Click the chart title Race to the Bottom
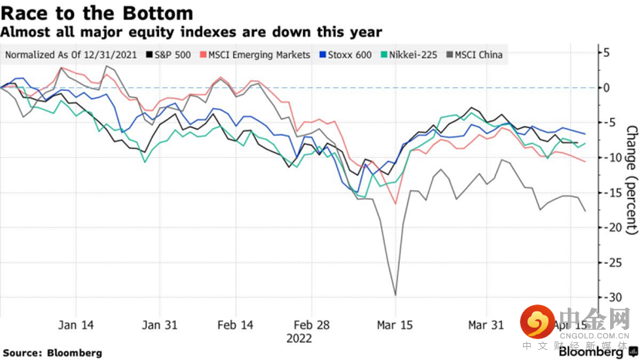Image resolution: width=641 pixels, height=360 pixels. point(97,13)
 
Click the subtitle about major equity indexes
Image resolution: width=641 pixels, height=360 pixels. point(191,32)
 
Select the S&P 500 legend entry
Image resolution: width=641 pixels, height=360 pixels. point(169,55)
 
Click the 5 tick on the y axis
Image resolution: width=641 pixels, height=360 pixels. point(606,52)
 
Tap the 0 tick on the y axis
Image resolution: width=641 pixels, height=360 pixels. point(606,87)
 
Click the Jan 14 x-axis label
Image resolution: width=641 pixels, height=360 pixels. point(76,325)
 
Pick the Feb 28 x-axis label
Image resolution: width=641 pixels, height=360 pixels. point(314,325)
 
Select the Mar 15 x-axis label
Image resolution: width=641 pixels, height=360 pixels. point(396,325)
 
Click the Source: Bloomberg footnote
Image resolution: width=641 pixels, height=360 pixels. point(52,352)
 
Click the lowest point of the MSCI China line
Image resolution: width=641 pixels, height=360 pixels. point(396,294)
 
